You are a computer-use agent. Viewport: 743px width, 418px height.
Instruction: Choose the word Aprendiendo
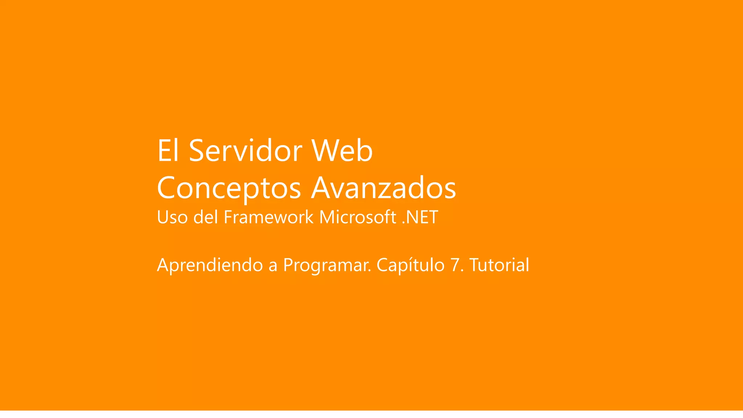click(x=210, y=265)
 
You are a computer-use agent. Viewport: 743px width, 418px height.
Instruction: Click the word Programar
click(x=327, y=266)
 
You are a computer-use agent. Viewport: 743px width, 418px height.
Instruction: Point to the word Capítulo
click(x=410, y=265)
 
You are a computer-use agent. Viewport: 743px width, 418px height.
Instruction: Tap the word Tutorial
click(x=499, y=265)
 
